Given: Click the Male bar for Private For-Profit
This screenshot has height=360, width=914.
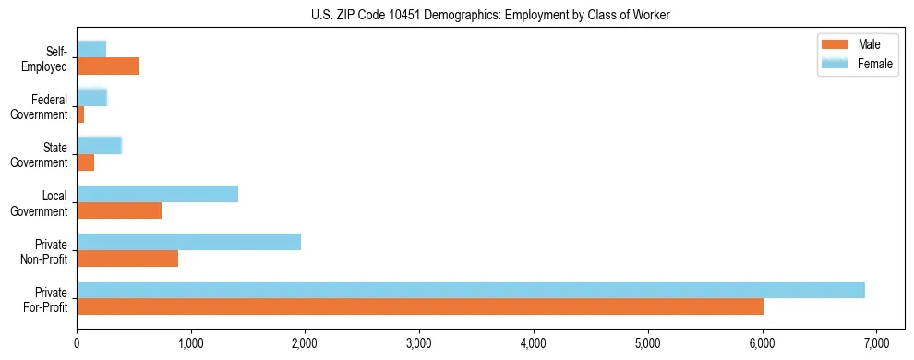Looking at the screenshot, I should tap(420, 306).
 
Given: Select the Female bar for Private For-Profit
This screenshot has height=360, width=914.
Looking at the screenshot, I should tap(471, 290).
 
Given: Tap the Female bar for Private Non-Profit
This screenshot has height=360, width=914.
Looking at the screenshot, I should tap(188, 242).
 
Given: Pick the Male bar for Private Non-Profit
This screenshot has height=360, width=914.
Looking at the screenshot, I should tap(127, 258).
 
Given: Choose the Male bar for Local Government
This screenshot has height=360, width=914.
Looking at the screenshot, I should tap(119, 210).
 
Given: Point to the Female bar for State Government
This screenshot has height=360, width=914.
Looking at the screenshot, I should tap(99, 145).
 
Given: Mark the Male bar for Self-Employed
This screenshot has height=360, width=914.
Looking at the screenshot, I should tap(108, 66).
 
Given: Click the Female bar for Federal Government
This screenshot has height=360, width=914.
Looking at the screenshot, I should tap(91, 97).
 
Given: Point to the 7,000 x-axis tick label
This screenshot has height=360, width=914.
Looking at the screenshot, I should tap(876, 343).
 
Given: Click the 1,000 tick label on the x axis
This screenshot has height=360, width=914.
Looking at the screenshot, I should tap(191, 343).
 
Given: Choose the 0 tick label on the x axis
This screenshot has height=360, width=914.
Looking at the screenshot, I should tap(77, 343).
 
